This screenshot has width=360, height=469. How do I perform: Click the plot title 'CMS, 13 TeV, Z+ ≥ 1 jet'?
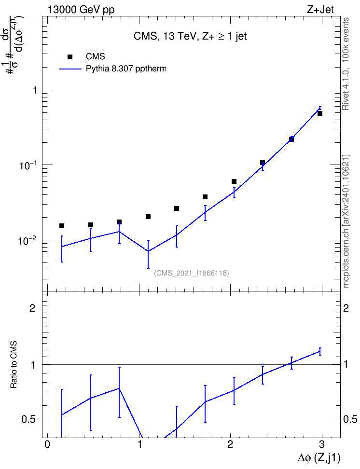(x=190, y=36)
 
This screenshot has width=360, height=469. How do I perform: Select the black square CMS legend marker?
(x=70, y=57)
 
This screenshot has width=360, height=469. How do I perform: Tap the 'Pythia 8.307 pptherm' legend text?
(x=126, y=69)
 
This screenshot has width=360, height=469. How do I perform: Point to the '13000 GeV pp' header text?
(x=81, y=10)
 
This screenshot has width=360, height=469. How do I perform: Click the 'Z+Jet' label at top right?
(x=320, y=10)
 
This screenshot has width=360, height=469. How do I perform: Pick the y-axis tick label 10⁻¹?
(x=28, y=165)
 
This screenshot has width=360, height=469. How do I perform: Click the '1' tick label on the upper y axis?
(x=35, y=90)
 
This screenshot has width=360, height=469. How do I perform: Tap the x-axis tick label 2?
(x=230, y=444)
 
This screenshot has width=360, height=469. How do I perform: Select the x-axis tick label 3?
(x=322, y=444)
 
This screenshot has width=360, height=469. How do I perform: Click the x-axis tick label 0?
(x=47, y=444)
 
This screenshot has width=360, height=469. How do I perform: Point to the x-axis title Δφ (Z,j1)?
(x=319, y=458)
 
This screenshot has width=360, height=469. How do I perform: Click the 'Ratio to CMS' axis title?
(x=14, y=365)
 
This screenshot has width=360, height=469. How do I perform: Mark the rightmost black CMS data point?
(x=320, y=113)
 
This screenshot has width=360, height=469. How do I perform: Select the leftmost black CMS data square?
(x=62, y=226)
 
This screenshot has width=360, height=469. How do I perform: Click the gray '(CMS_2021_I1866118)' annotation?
(x=192, y=273)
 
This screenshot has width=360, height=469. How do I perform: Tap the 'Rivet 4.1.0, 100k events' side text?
(x=346, y=64)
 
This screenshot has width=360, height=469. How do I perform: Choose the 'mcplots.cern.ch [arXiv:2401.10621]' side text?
(x=346, y=221)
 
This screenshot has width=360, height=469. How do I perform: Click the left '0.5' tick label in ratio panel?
(x=28, y=420)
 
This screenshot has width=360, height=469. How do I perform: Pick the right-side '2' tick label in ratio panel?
(x=346, y=308)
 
